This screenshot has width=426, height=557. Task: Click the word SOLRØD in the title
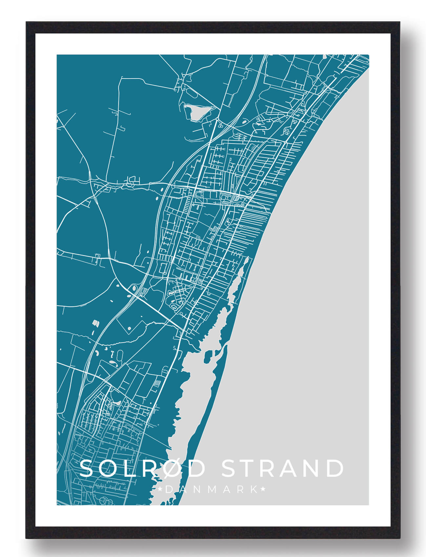click(142, 468)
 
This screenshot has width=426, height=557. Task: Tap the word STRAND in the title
click(283, 468)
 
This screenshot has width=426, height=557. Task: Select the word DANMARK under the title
click(212, 490)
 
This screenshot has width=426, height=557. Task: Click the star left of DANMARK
click(160, 490)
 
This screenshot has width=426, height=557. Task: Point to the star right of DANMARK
click(263, 490)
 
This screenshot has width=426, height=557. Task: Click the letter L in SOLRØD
click(129, 468)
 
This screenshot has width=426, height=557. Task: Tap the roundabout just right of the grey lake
click(217, 119)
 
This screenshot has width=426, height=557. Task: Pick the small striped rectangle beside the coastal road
click(158, 383)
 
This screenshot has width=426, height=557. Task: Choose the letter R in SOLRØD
click(149, 468)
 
